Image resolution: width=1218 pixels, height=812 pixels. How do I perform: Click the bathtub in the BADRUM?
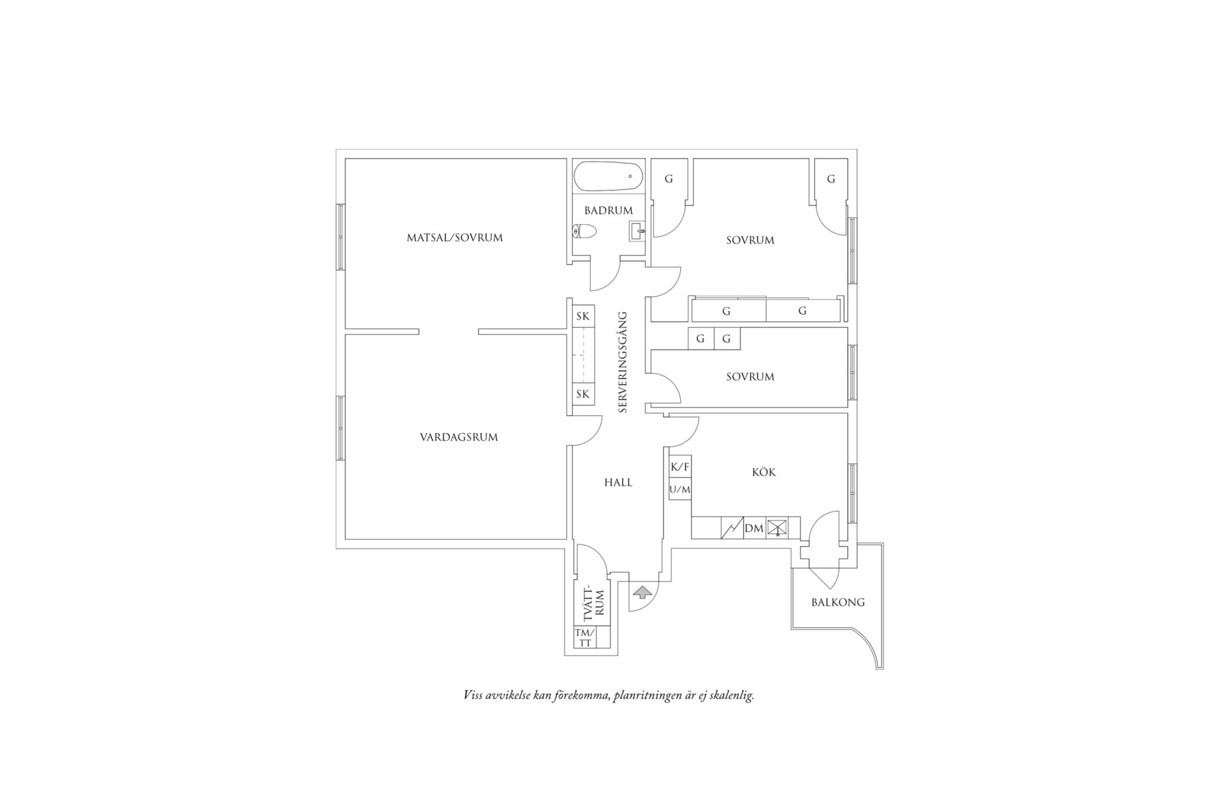[608, 176]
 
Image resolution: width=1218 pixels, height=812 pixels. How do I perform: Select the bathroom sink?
[637, 232]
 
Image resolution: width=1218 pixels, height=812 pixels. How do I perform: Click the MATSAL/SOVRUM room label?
[455, 238]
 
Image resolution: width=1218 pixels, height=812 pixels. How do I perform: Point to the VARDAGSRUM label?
[458, 437]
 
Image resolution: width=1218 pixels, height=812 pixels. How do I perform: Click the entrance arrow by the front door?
[641, 592]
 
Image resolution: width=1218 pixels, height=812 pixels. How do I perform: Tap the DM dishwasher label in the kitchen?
[754, 528]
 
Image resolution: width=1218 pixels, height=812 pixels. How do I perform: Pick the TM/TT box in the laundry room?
[585, 638]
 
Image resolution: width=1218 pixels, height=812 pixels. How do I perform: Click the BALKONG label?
[838, 603]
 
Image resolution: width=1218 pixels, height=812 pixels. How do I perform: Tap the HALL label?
[618, 482]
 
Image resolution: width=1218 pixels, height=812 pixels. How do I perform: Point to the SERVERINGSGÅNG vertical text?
[623, 362]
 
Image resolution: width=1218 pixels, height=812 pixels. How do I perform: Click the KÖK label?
[764, 472]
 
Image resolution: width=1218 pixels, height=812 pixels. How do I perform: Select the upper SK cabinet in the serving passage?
[583, 316]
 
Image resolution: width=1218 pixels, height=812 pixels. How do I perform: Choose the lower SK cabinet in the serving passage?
[583, 394]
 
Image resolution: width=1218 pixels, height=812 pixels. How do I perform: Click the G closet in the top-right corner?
[831, 179]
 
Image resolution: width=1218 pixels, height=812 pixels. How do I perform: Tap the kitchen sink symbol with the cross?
[777, 527]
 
